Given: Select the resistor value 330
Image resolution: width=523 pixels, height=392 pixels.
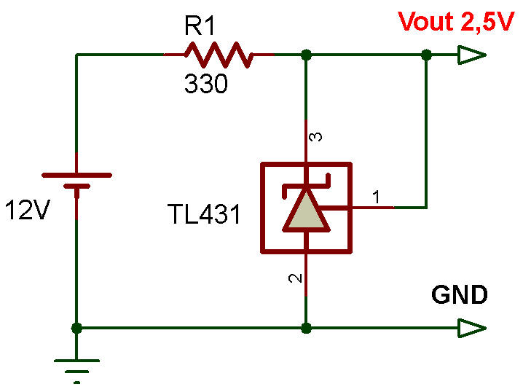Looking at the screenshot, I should click(x=205, y=85).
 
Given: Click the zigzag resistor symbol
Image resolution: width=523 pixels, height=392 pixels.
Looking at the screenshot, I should click(x=219, y=54).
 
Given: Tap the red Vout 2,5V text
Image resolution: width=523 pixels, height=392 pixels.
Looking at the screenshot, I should click(x=456, y=22).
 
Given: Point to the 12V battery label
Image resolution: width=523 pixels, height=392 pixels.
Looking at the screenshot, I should click(x=27, y=211).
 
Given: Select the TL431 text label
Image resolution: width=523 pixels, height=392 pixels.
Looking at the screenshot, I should click(x=203, y=214).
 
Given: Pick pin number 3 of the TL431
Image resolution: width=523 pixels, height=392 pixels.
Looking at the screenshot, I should click(x=316, y=137).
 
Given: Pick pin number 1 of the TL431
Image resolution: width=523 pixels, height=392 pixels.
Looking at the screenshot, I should click(x=376, y=196).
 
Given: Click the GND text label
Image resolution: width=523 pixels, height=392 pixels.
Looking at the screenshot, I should click(x=459, y=295).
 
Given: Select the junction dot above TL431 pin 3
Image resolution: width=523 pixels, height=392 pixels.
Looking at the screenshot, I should click(x=306, y=55).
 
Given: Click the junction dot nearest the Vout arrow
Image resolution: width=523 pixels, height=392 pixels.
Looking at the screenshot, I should click(x=427, y=55).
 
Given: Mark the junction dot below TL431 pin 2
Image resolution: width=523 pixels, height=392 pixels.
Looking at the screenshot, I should click(x=306, y=328).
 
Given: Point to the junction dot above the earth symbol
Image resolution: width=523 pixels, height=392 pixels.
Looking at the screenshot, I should click(x=76, y=328).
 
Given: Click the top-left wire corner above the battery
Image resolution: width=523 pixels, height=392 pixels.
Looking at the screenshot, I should click(x=76, y=55).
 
